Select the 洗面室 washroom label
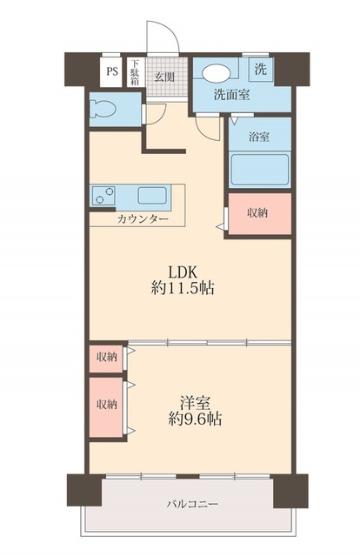[x=232, y=96]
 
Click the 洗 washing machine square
[x=261, y=69]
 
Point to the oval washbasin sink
[x=217, y=73]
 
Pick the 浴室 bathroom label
[x=257, y=137]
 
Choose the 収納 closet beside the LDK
[x=257, y=213]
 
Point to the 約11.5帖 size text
[x=183, y=289]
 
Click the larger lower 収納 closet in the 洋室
[x=107, y=404]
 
